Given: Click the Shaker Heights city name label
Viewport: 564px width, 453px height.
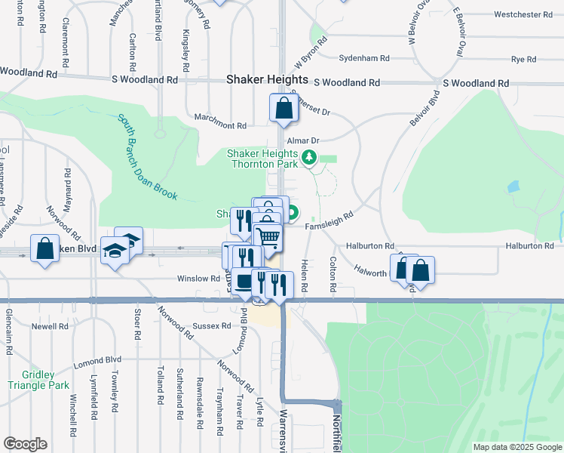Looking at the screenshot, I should click(x=268, y=79).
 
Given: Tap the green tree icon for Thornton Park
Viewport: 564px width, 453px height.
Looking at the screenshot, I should click(x=308, y=158).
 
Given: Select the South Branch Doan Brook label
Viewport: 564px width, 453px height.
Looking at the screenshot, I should click(x=147, y=157).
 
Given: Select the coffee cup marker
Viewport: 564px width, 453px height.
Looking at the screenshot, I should click(x=244, y=282).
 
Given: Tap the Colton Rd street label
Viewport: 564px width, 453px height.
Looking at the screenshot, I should click(x=333, y=274).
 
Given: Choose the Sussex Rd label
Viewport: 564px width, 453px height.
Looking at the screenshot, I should click(x=215, y=326).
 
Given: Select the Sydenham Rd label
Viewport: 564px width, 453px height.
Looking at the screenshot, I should click(x=364, y=58).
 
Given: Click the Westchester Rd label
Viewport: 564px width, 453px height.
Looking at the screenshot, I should click(x=528, y=14).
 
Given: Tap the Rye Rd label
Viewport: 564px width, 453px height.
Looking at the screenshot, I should click(x=523, y=58).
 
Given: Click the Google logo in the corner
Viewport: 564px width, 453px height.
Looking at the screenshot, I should click(x=25, y=444).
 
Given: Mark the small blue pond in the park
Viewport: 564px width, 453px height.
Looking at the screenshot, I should click(x=513, y=186).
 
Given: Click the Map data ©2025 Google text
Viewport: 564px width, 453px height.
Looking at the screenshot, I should click(x=516, y=447).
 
